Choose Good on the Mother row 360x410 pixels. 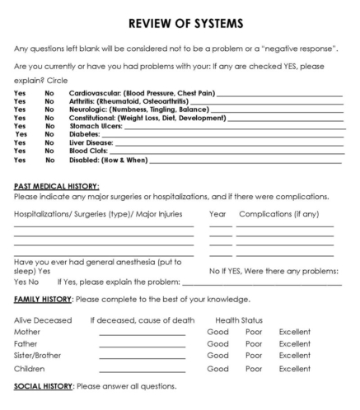[217, 331]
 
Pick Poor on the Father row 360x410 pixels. [254, 344]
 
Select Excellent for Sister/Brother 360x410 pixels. [295, 356]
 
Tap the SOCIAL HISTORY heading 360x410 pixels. [42, 386]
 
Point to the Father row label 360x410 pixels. [26, 344]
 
